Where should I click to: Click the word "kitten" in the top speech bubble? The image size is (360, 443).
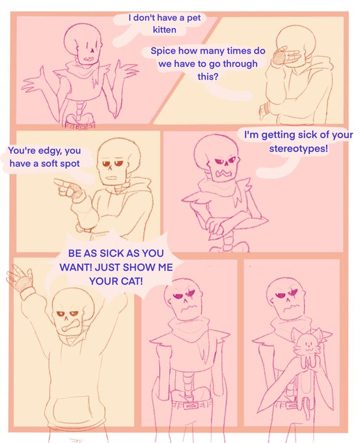pyautogui.click(x=164, y=30)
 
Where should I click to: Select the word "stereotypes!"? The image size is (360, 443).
pyautogui.click(x=298, y=149)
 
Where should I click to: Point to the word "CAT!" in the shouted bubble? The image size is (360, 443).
pyautogui.click(x=132, y=281)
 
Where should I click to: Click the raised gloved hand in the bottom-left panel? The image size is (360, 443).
pyautogui.click(x=20, y=278)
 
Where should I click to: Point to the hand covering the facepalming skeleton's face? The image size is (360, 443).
pyautogui.click(x=286, y=56)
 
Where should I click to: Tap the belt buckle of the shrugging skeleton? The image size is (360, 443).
pyautogui.click(x=79, y=125)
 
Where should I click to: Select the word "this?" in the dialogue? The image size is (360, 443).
pyautogui.click(x=208, y=76)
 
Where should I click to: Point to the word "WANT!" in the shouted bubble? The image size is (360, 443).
pyautogui.click(x=76, y=267)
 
